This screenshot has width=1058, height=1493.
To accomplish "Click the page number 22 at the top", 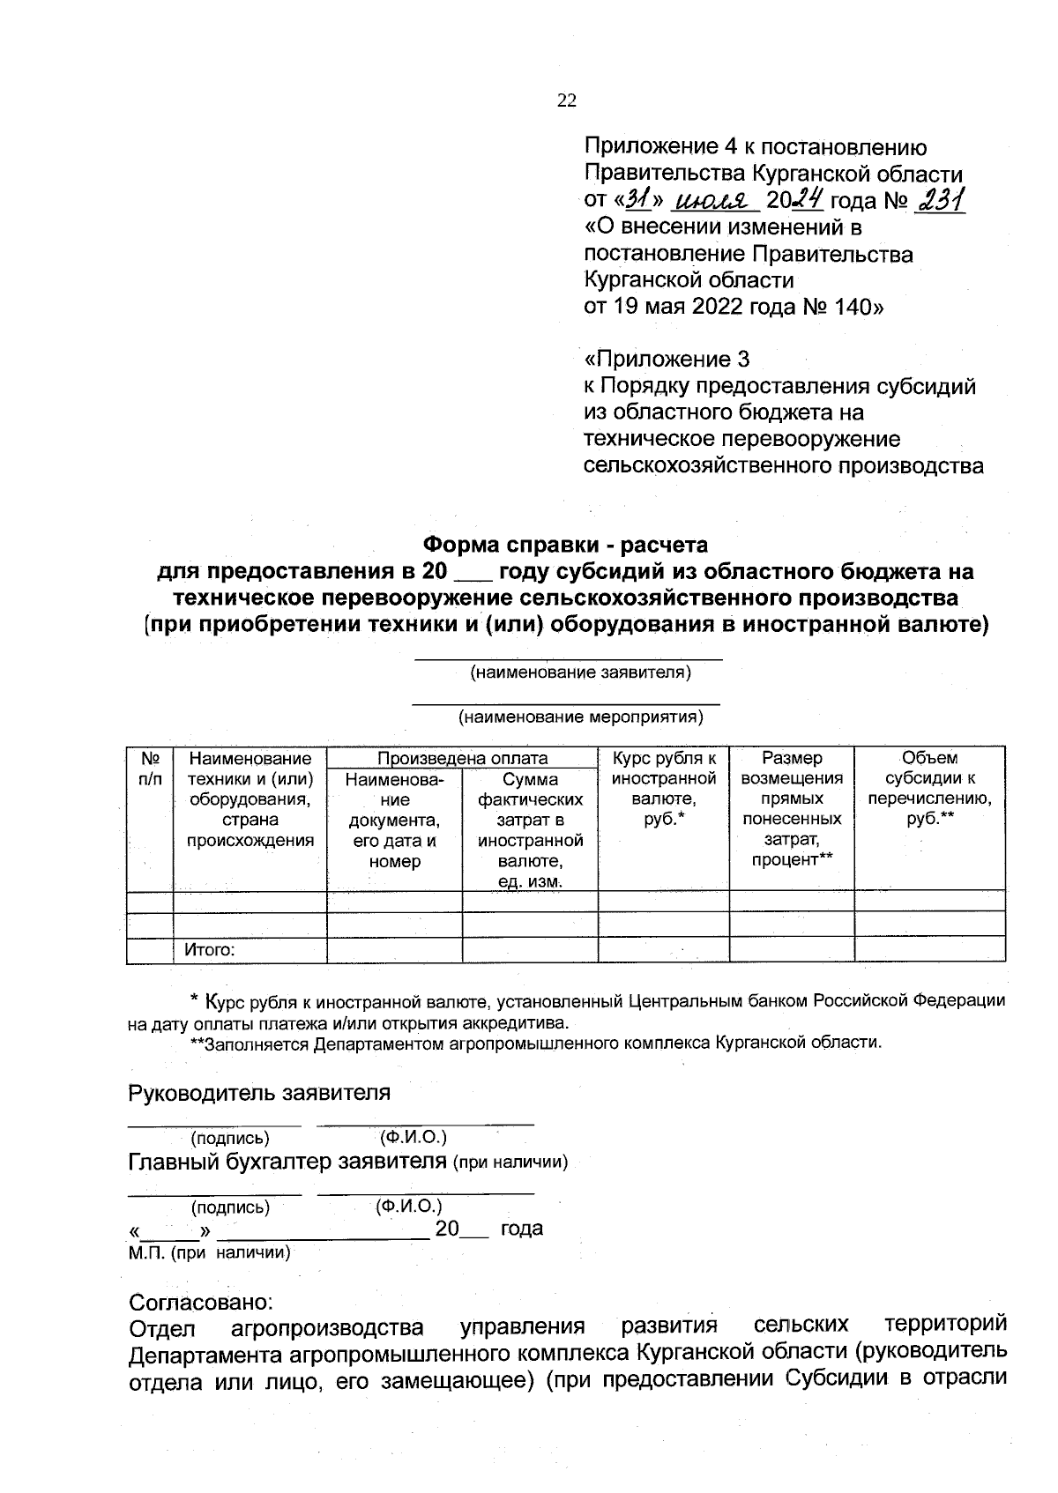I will point(566,100).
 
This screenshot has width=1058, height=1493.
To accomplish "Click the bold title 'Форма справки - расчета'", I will point(565,545).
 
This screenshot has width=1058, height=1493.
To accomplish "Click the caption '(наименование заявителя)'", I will point(580,673).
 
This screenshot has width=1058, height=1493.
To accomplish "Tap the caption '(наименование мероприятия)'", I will point(580,717).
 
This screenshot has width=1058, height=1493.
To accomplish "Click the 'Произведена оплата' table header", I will point(462,758).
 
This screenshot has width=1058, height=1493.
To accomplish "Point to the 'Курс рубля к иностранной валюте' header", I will point(663,789).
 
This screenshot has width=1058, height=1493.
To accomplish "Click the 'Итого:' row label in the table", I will point(210,950).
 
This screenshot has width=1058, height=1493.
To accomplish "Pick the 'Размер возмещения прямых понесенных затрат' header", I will point(791,808).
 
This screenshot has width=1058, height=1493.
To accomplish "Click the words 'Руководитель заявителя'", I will point(259,1093).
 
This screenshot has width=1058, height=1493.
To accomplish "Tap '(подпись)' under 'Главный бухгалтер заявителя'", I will point(230,1207).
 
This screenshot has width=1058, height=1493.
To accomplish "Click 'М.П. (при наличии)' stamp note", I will point(210,1252).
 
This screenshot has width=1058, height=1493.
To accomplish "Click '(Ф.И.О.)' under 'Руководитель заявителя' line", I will point(413,1137).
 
